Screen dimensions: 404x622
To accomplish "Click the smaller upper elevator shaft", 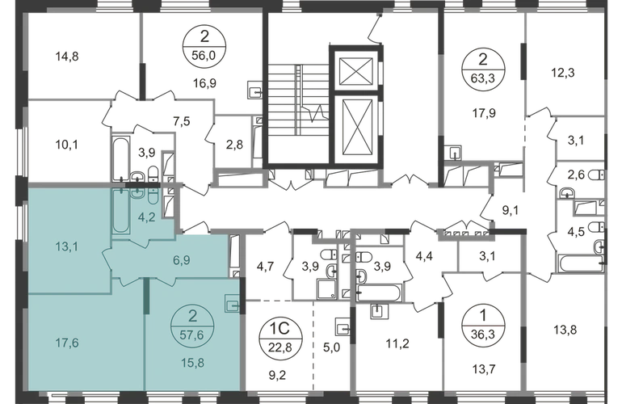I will click(353, 70).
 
